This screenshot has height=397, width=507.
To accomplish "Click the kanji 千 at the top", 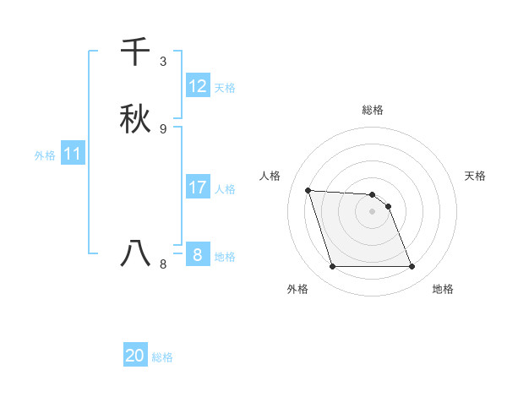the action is (136, 52).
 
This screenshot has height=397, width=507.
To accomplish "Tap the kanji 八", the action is (136, 253).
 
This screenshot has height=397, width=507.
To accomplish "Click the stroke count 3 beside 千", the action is (163, 62).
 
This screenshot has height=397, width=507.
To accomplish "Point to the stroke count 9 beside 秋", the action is (163, 128).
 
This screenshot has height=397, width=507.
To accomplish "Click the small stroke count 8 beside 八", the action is (163, 264).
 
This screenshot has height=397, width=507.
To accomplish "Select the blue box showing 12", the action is (198, 86).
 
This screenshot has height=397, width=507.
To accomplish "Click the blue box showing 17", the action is (198, 188).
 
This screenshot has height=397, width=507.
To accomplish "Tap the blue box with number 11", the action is (73, 155).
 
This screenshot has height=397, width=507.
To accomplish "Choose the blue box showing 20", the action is (135, 356).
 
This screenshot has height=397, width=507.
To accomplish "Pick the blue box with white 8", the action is (198, 254).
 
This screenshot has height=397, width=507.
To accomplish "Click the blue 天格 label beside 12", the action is (225, 88).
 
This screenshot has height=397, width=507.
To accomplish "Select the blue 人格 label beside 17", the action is (225, 189).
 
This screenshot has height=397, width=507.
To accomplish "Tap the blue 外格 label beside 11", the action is (45, 155).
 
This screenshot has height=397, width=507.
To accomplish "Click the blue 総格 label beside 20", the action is (162, 357).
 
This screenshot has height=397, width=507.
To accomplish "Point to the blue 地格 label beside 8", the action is (225, 257).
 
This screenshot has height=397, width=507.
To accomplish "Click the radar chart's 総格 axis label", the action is (373, 110).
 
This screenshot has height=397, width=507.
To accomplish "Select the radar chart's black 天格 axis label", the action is (476, 176).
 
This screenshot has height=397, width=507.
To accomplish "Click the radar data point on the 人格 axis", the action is (308, 191).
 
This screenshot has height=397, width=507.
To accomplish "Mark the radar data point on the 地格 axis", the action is (412, 267).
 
